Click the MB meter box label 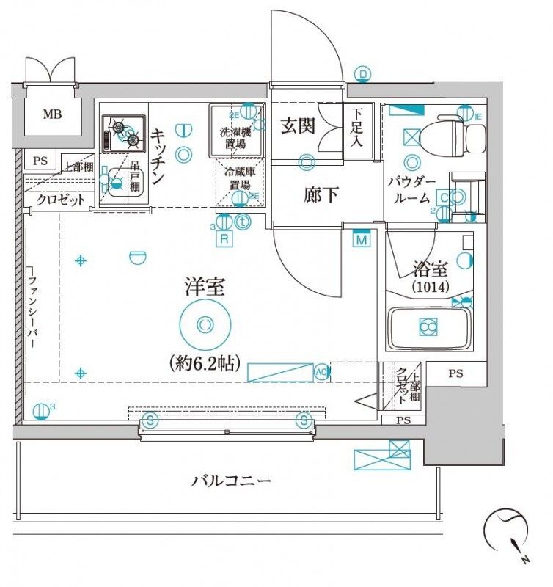tap(51, 114)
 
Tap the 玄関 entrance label tap(299, 125)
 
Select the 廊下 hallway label tap(322, 195)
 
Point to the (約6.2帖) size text tap(205, 362)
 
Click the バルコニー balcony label tap(232, 481)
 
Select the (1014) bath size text tap(431, 286)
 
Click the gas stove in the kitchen tap(122, 132)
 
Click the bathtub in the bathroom tap(428, 327)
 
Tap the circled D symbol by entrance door tap(362, 73)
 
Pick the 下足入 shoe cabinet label tap(356, 128)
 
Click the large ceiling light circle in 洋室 tap(205, 324)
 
